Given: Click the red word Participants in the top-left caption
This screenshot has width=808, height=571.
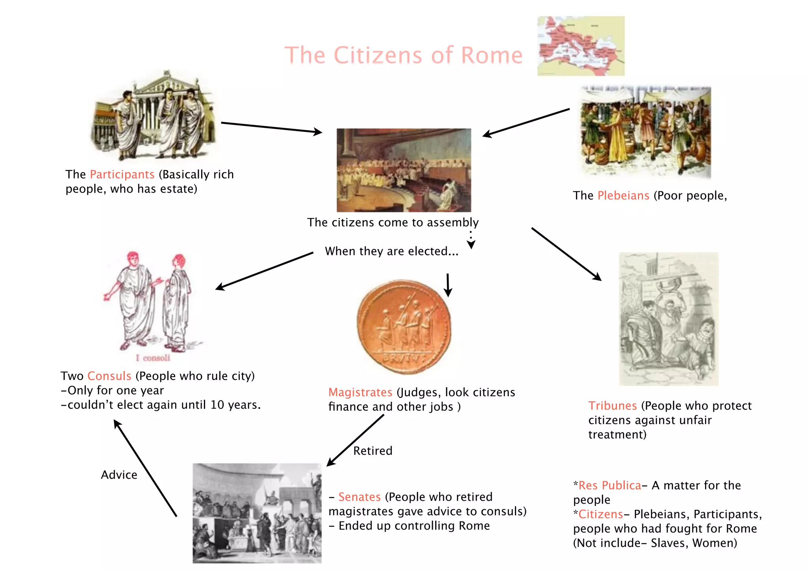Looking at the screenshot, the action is tap(122, 174).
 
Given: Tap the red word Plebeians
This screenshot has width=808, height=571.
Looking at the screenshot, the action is tap(623, 196).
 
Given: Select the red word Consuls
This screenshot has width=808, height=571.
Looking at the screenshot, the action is tap(109, 376).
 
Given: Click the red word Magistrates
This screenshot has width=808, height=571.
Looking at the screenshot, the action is tap(360, 393).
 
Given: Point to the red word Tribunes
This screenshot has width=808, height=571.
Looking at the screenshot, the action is tap(612, 406).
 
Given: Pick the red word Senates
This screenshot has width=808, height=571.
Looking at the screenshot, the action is tap(359, 497).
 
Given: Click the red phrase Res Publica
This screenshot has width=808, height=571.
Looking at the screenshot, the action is tap(610, 485).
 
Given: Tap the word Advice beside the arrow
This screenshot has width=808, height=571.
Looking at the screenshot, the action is tap(119, 475).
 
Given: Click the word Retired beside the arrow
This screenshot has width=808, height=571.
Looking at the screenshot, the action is tap(373, 451).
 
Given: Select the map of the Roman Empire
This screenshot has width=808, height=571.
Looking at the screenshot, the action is tap(581, 46).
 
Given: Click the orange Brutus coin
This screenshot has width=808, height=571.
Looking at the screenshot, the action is tap(404, 327).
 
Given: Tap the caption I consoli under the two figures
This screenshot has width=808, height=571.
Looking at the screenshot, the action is tap(153, 358).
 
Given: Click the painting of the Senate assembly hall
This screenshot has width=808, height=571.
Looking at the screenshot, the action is tap(404, 170).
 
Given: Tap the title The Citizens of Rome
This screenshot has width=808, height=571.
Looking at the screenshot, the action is tap(404, 55).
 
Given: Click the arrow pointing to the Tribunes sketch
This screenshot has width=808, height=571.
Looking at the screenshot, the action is tap(566, 254).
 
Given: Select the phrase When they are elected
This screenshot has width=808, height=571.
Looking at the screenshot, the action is tap(392, 251).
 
